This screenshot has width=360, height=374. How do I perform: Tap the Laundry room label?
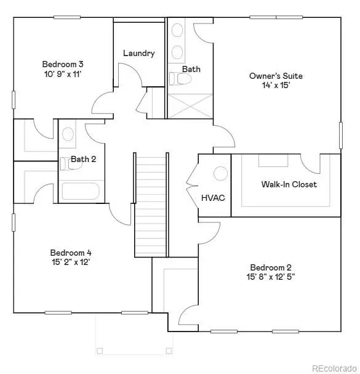(x=138, y=53)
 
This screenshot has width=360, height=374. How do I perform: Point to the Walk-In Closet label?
(x=289, y=184)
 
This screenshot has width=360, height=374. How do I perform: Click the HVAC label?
(x=213, y=198)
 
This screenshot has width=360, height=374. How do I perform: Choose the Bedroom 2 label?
(x=271, y=267)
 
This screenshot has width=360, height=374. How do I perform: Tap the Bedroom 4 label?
(x=71, y=253)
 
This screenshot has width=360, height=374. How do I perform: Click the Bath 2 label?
(x=84, y=159)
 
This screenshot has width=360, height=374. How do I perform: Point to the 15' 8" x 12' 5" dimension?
(x=271, y=278)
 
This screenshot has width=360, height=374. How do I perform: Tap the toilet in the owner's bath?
(x=175, y=79)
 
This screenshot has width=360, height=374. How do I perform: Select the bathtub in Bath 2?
(x=81, y=191)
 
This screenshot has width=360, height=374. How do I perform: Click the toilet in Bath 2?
(x=65, y=163)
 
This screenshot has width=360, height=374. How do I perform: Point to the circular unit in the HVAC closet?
(x=220, y=173)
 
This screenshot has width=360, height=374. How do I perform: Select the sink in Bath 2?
(x=68, y=134)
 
